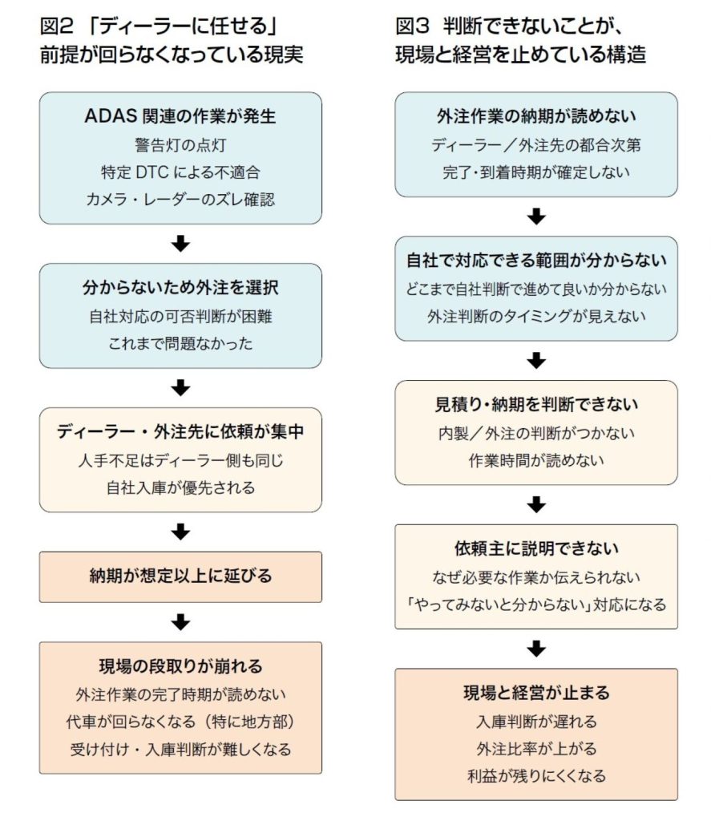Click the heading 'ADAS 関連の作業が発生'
coord(180,116)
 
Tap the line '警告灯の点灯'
coord(180,145)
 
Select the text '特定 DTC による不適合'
coord(180,172)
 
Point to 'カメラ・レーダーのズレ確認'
coord(180,200)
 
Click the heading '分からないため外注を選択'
coord(180,287)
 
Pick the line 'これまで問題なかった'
coord(180,343)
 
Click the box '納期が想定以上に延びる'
coord(180,576)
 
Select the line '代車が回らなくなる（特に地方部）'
coord(180,722)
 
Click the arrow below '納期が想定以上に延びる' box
coord(181,621)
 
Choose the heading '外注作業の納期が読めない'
coord(536,116)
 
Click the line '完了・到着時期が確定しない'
coord(536,172)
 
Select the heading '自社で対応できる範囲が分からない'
coord(536,261)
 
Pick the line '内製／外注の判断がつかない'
coord(536,433)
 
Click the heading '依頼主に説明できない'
coord(536,549)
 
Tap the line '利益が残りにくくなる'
coord(536,775)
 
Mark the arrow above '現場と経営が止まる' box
coord(536,648)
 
